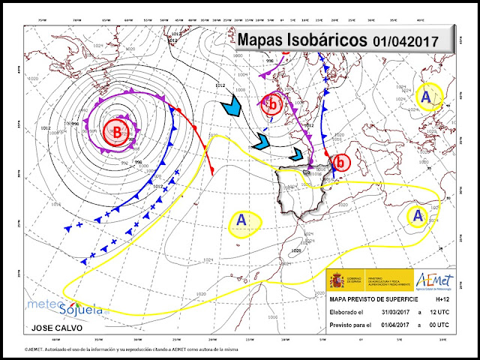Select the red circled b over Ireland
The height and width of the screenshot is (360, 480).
[x=274, y=106]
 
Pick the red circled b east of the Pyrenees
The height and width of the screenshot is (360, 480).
[x=342, y=162]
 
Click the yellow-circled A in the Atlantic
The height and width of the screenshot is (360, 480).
[x=241, y=220]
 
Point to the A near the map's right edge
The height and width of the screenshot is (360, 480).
[x=417, y=216]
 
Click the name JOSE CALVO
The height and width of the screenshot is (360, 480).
[x=54, y=328]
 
